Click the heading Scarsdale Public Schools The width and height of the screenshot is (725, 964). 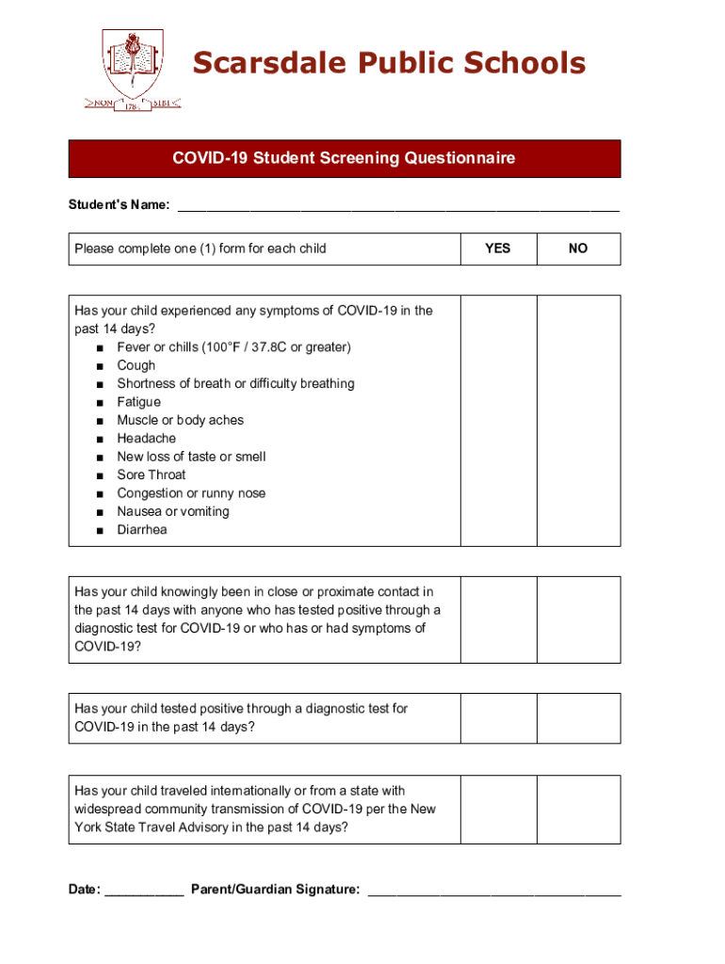point(389,63)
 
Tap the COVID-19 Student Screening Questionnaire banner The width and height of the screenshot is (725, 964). point(344,158)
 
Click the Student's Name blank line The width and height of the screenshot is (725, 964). point(398,205)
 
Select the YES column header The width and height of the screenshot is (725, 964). point(497,249)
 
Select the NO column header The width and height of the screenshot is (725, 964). point(578,249)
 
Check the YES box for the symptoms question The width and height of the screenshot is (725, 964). point(497,420)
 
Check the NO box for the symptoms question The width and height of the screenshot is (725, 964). point(578,420)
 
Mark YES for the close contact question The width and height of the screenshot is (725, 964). point(497,619)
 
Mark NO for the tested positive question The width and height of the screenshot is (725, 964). point(578,718)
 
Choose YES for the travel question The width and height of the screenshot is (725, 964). point(497,810)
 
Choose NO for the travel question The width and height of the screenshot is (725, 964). point(578,810)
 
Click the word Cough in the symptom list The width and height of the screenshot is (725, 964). point(137,365)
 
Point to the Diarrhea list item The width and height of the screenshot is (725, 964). point(142,530)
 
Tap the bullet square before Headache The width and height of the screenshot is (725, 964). point(99,439)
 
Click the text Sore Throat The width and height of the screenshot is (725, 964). point(152,475)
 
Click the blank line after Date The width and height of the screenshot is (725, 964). point(144,891)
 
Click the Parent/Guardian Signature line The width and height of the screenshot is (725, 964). point(493,891)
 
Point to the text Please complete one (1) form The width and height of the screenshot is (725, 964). point(201,249)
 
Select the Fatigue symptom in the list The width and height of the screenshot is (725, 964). point(138,402)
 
